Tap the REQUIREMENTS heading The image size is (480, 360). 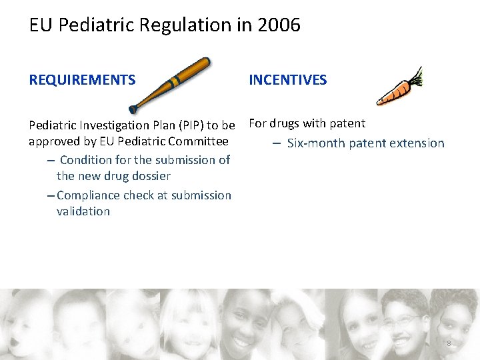(82, 80)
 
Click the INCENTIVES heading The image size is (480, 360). (287, 80)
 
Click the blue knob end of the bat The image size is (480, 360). (133, 108)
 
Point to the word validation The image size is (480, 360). (83, 211)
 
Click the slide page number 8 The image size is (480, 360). (449, 343)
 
